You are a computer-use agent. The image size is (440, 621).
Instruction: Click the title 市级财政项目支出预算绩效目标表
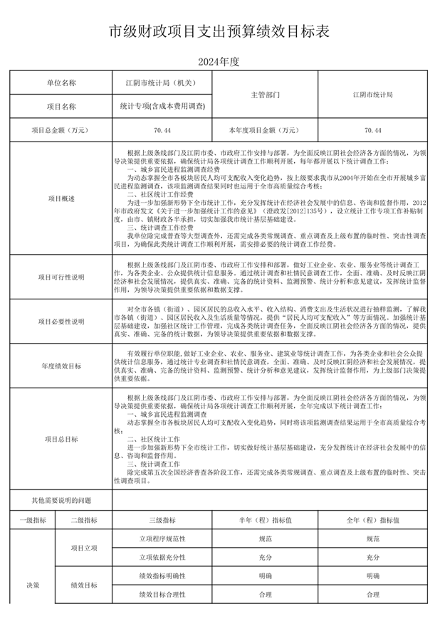click(x=219, y=31)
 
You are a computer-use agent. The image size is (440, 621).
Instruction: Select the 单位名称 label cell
click(x=61, y=83)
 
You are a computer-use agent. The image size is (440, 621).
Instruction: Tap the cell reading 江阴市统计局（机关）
click(x=163, y=83)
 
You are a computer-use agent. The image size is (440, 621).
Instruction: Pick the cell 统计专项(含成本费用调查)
click(x=163, y=106)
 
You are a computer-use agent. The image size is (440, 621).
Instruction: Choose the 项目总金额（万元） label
click(x=61, y=130)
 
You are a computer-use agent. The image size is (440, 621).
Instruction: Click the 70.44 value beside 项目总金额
click(x=163, y=130)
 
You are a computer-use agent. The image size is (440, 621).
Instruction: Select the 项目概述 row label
click(x=61, y=198)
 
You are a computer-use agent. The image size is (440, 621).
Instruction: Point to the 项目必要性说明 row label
click(x=61, y=322)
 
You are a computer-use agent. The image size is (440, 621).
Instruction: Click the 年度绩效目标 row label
click(x=61, y=366)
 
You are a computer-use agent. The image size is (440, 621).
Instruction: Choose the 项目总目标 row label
click(x=61, y=439)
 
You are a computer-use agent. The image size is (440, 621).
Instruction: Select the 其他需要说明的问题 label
click(x=61, y=501)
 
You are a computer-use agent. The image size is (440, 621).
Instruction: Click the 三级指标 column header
click(x=163, y=521)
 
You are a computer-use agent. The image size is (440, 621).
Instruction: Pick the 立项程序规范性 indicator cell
click(x=163, y=539)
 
